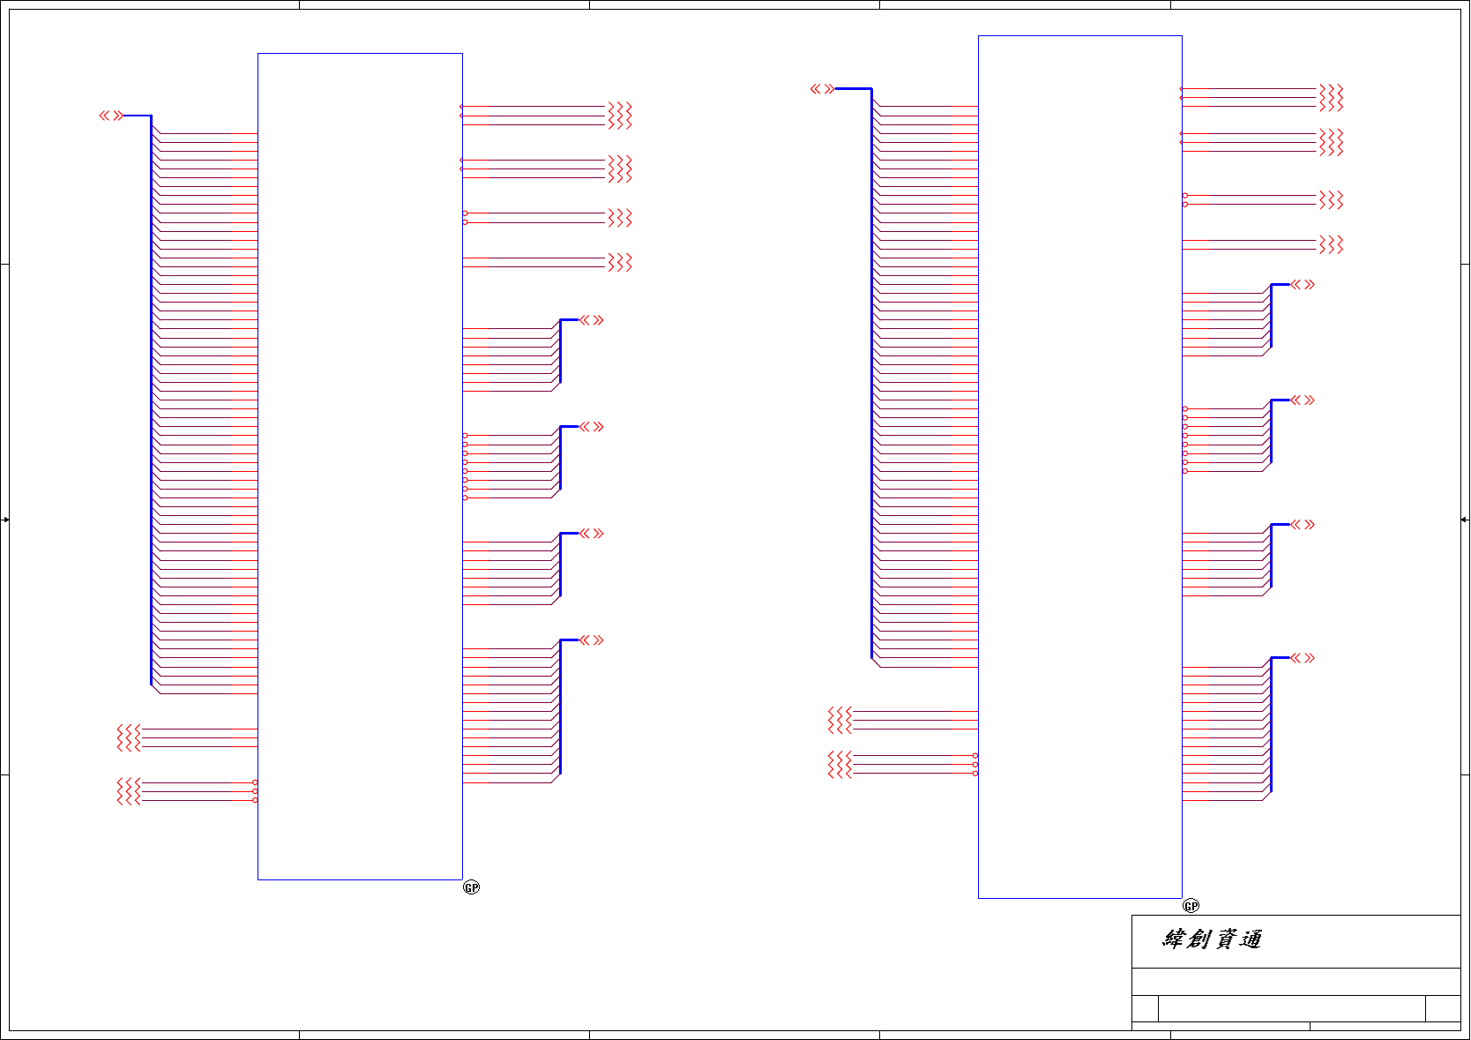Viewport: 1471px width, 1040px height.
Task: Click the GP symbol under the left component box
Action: tap(471, 887)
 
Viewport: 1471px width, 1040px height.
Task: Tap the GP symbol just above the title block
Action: tap(1191, 906)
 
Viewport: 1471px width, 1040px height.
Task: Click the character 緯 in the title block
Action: tap(1174, 939)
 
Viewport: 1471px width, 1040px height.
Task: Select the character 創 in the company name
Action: tap(1198, 939)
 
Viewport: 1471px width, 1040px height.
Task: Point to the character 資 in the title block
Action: tap(1225, 939)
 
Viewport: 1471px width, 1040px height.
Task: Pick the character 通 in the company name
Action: tap(1250, 939)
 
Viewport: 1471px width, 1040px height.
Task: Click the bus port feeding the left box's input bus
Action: tap(111, 116)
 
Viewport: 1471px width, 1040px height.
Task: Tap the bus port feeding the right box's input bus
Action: tap(822, 89)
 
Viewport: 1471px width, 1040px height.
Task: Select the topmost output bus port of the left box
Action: tap(592, 320)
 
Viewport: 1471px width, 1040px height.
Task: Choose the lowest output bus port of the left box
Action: tap(592, 640)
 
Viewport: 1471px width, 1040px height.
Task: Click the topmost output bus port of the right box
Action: tap(1303, 285)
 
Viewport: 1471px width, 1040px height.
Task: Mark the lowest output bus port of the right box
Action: tap(1303, 658)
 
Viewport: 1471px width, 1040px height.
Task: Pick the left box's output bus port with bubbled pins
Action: tap(592, 427)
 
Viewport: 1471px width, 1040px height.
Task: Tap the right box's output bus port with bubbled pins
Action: tap(1303, 400)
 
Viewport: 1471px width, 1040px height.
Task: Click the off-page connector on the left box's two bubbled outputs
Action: tap(620, 218)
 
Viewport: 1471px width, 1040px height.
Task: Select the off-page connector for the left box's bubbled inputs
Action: tap(129, 791)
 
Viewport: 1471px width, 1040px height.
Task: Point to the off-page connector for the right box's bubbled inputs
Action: tap(840, 765)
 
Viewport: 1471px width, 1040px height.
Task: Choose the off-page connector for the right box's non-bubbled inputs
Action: tap(840, 720)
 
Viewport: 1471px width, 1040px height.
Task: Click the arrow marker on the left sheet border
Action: tap(5, 520)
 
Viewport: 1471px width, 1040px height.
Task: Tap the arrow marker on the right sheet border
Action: tap(1465, 520)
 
